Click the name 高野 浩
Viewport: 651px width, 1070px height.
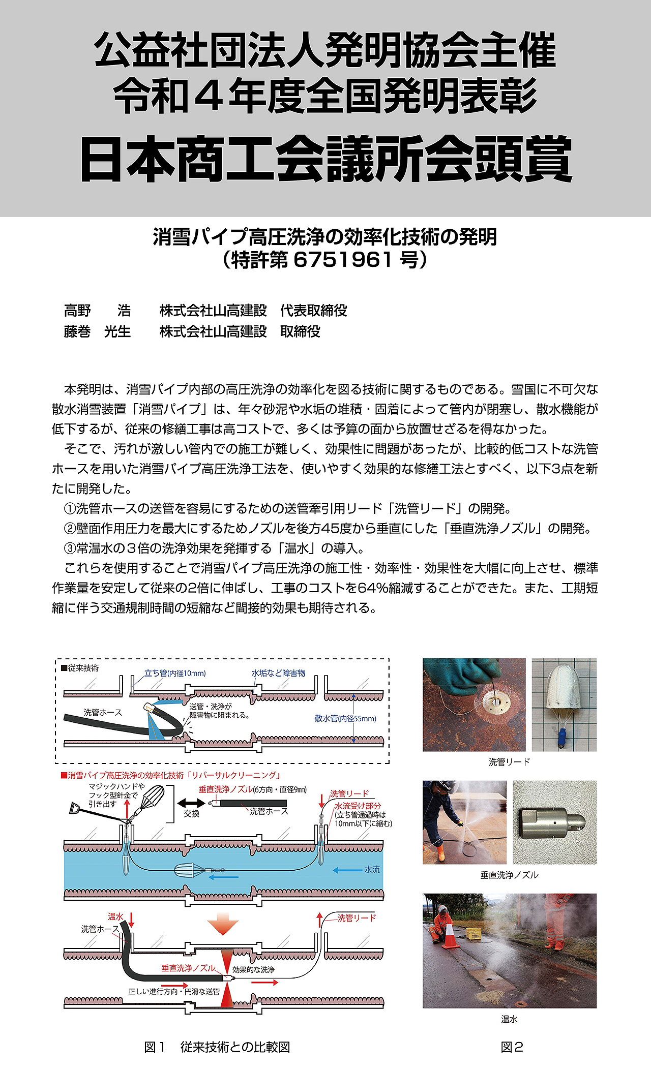coord(97,310)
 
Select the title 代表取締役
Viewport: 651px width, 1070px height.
coord(313,310)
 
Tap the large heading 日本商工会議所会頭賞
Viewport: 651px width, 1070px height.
coord(325,159)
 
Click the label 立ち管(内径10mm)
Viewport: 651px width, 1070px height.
coord(175,673)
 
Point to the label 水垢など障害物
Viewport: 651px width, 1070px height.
coord(278,673)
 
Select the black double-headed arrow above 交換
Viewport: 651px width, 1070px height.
coord(191,803)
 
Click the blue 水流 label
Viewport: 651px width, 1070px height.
coord(372,869)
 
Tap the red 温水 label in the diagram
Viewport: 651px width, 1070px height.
coord(115,916)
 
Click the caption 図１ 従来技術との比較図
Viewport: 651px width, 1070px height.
coord(217,1047)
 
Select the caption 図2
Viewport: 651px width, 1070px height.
coord(512,1047)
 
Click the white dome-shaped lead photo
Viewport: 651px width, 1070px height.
coord(564,705)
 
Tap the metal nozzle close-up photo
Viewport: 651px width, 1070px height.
coord(554,822)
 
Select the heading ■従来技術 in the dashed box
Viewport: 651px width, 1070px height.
coord(80,668)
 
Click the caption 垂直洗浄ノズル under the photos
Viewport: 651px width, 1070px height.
coord(509,875)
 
